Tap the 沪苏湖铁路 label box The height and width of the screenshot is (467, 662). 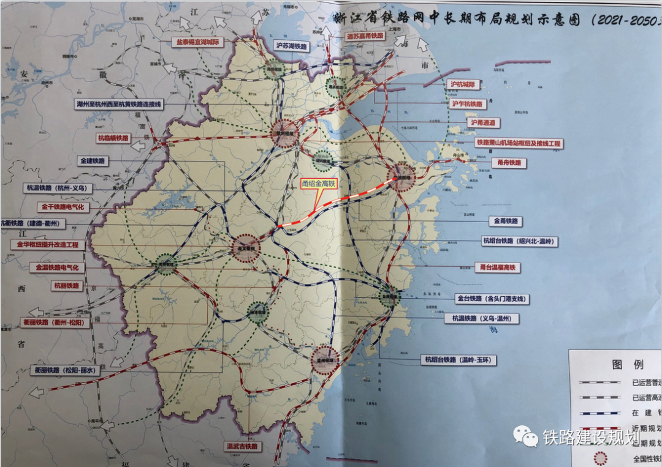point(291,47)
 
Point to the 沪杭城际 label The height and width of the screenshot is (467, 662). point(463,84)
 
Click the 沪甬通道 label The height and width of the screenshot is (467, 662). point(483,123)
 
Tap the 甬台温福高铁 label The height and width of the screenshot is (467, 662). point(496,267)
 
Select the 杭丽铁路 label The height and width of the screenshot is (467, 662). point(66,286)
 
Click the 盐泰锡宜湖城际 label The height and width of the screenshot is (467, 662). point(197,43)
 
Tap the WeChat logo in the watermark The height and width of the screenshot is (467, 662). point(527,436)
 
